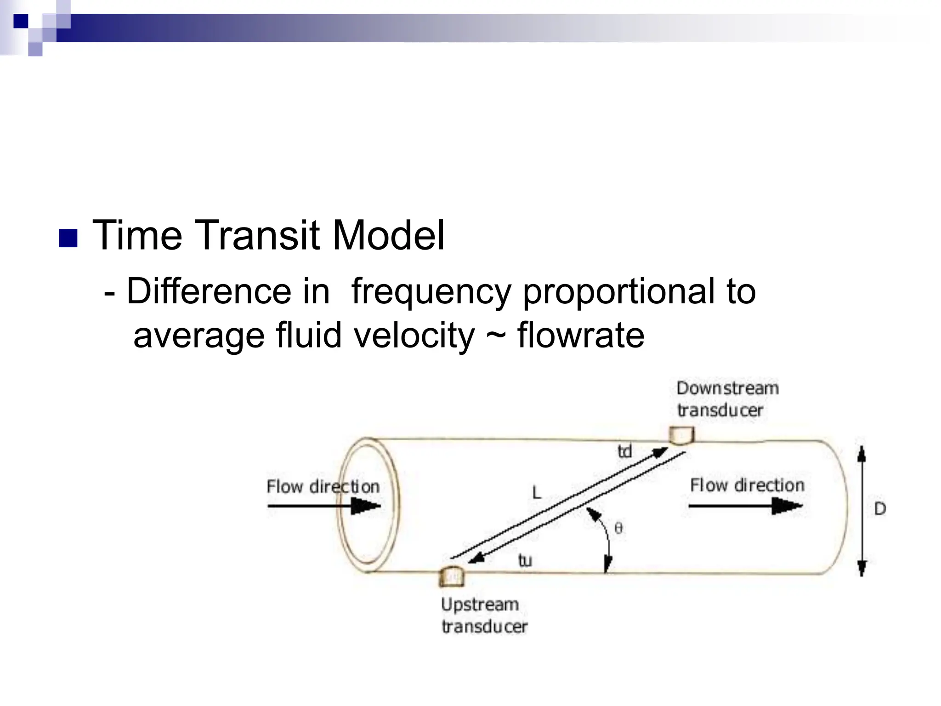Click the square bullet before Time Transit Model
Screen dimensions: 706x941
click(x=68, y=238)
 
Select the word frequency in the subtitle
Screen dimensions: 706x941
click(x=431, y=292)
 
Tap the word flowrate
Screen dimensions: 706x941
click(x=581, y=336)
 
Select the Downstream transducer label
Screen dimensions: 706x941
click(x=727, y=399)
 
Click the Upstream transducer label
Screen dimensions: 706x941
click(x=484, y=615)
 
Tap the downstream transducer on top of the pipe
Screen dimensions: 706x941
click(x=681, y=435)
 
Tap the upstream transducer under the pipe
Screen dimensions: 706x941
click(x=452, y=577)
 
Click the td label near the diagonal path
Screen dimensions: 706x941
click(x=625, y=451)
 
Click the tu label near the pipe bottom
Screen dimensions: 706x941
click(x=525, y=560)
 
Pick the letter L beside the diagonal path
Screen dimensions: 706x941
click(x=537, y=493)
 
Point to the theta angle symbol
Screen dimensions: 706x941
click(x=618, y=529)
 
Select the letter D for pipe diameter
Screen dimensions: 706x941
click(x=879, y=509)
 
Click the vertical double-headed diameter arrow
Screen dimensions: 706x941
click(x=862, y=510)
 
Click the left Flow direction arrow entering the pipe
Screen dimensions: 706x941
click(x=324, y=506)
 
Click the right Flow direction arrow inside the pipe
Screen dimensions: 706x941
click(x=745, y=506)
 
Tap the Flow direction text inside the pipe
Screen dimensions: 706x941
click(x=747, y=485)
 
